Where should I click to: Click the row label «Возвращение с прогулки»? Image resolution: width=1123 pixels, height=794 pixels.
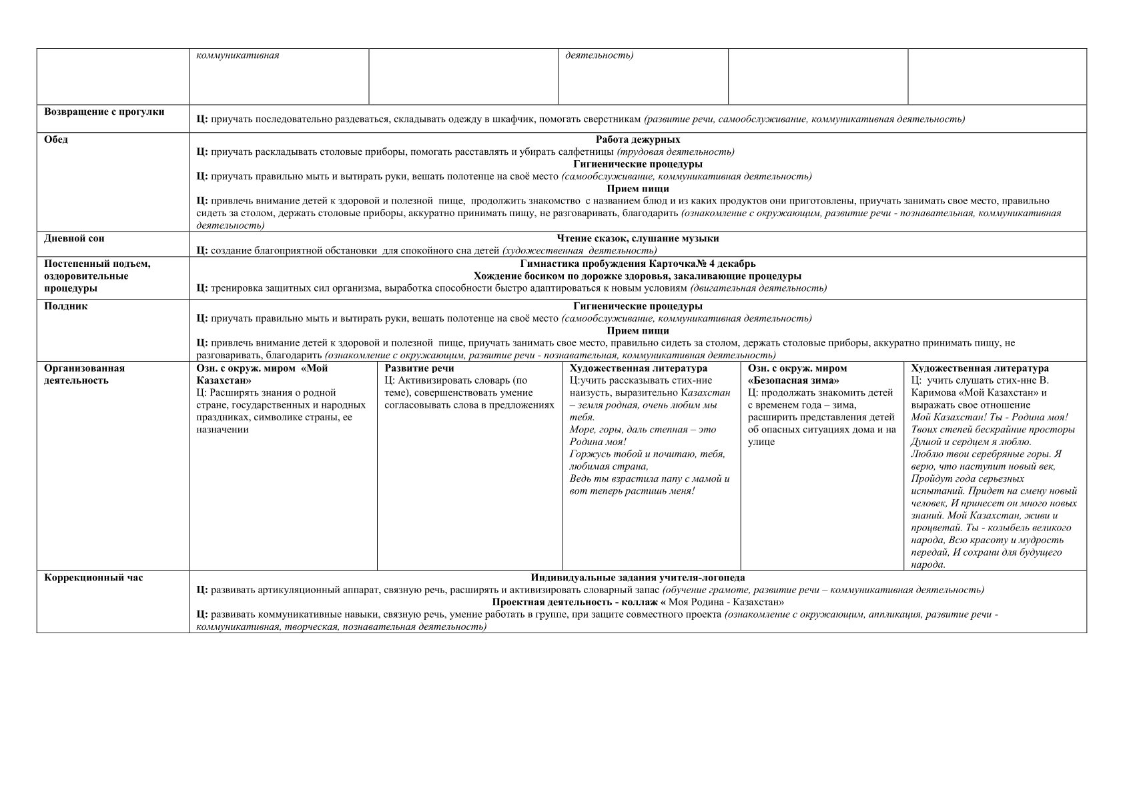(x=104, y=111)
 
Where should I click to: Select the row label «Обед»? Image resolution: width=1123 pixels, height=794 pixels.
(x=56, y=139)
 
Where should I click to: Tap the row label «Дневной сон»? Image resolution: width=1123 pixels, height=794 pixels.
(x=74, y=238)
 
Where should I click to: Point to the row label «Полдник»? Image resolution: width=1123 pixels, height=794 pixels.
(x=65, y=306)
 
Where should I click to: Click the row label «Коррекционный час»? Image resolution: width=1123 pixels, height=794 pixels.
(x=93, y=578)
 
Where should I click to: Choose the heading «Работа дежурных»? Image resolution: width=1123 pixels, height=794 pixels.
(x=637, y=139)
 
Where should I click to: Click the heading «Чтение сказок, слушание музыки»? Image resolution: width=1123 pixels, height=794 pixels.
(x=637, y=238)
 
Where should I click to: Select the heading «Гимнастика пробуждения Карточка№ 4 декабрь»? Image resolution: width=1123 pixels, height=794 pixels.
(x=637, y=264)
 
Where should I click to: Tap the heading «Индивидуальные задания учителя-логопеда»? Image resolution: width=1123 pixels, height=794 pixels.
(x=637, y=578)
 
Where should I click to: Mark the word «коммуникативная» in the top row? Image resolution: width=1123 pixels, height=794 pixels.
(x=237, y=55)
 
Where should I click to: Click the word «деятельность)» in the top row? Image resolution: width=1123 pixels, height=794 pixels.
(x=599, y=55)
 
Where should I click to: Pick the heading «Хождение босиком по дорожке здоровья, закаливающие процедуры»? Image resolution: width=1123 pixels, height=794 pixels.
(x=637, y=276)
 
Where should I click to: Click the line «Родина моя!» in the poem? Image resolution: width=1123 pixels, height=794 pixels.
(x=598, y=442)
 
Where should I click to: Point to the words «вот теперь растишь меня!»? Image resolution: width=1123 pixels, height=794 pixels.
(x=632, y=491)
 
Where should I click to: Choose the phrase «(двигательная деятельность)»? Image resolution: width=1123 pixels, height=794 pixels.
(x=758, y=288)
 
